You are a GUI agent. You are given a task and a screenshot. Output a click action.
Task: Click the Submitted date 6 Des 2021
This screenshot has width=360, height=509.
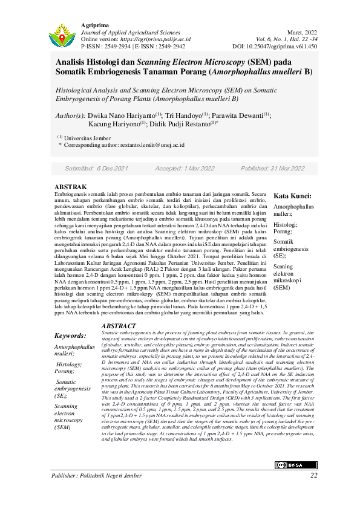(96, 168)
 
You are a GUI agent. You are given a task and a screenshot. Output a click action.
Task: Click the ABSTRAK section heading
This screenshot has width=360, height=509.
(71, 187)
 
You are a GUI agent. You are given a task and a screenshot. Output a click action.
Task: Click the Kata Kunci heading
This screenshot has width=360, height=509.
(293, 196)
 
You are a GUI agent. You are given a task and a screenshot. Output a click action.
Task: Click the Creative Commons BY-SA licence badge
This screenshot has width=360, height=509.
(296, 448)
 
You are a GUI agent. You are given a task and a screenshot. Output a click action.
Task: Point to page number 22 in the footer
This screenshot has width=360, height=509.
(313, 475)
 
